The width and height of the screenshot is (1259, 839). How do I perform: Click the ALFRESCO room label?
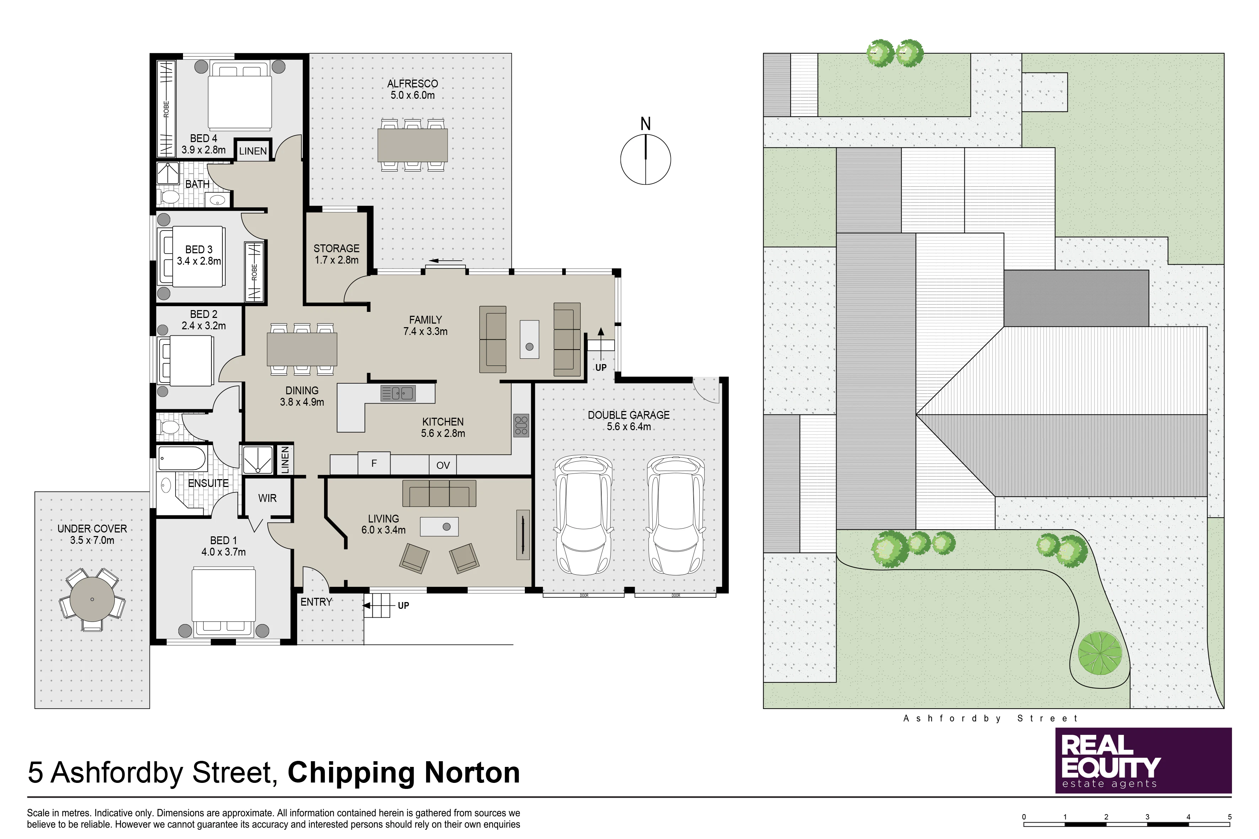point(412,83)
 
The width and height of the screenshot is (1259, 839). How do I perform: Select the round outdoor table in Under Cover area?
point(92,599)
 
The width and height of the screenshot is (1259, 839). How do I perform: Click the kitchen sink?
point(397,393)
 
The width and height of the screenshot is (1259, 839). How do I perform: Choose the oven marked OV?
point(443,465)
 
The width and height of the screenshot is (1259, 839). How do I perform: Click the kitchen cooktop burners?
point(521,426)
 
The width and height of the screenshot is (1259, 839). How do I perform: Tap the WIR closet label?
point(267,498)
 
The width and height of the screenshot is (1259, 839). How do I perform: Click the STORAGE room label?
point(336,248)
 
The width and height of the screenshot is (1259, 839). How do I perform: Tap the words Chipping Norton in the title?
point(404,773)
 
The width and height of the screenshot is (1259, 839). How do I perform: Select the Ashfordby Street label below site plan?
point(991,718)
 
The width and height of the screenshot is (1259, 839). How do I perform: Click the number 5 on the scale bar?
point(1230,817)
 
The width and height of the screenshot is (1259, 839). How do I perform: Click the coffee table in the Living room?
point(439,526)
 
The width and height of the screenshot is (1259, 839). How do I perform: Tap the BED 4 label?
point(203,138)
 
